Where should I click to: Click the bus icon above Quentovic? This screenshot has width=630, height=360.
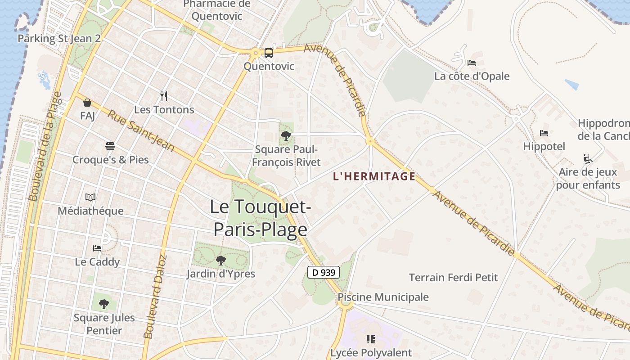pyautogui.click(x=268, y=53)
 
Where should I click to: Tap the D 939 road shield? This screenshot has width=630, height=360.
pyautogui.click(x=323, y=272)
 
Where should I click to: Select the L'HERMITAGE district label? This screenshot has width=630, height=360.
pyautogui.click(x=374, y=176)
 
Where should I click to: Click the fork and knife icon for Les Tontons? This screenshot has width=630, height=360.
pyautogui.click(x=164, y=96)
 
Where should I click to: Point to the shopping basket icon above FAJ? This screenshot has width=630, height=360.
pyautogui.click(x=87, y=103)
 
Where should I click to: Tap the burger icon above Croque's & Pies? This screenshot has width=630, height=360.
pyautogui.click(x=110, y=146)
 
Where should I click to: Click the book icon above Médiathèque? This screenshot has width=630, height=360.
pyautogui.click(x=90, y=198)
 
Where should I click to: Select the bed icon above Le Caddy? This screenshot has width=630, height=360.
pyautogui.click(x=97, y=248)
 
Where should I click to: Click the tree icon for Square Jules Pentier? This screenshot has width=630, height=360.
pyautogui.click(x=104, y=304)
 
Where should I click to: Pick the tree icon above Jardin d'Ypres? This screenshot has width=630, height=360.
pyautogui.click(x=220, y=260)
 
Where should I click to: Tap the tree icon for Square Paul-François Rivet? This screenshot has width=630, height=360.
pyautogui.click(x=286, y=135)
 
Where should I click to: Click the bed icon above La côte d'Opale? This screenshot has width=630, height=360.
pyautogui.click(x=472, y=63)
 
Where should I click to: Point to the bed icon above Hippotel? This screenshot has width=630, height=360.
pyautogui.click(x=544, y=133)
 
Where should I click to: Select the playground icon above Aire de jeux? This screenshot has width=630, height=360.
pyautogui.click(x=588, y=158)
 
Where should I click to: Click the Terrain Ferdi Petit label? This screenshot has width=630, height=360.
pyautogui.click(x=453, y=278)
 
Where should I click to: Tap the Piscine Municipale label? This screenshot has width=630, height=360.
pyautogui.click(x=383, y=297)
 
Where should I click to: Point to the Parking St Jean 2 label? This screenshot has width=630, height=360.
pyautogui.click(x=59, y=38)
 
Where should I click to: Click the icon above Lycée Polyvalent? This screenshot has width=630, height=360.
pyautogui.click(x=371, y=339)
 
